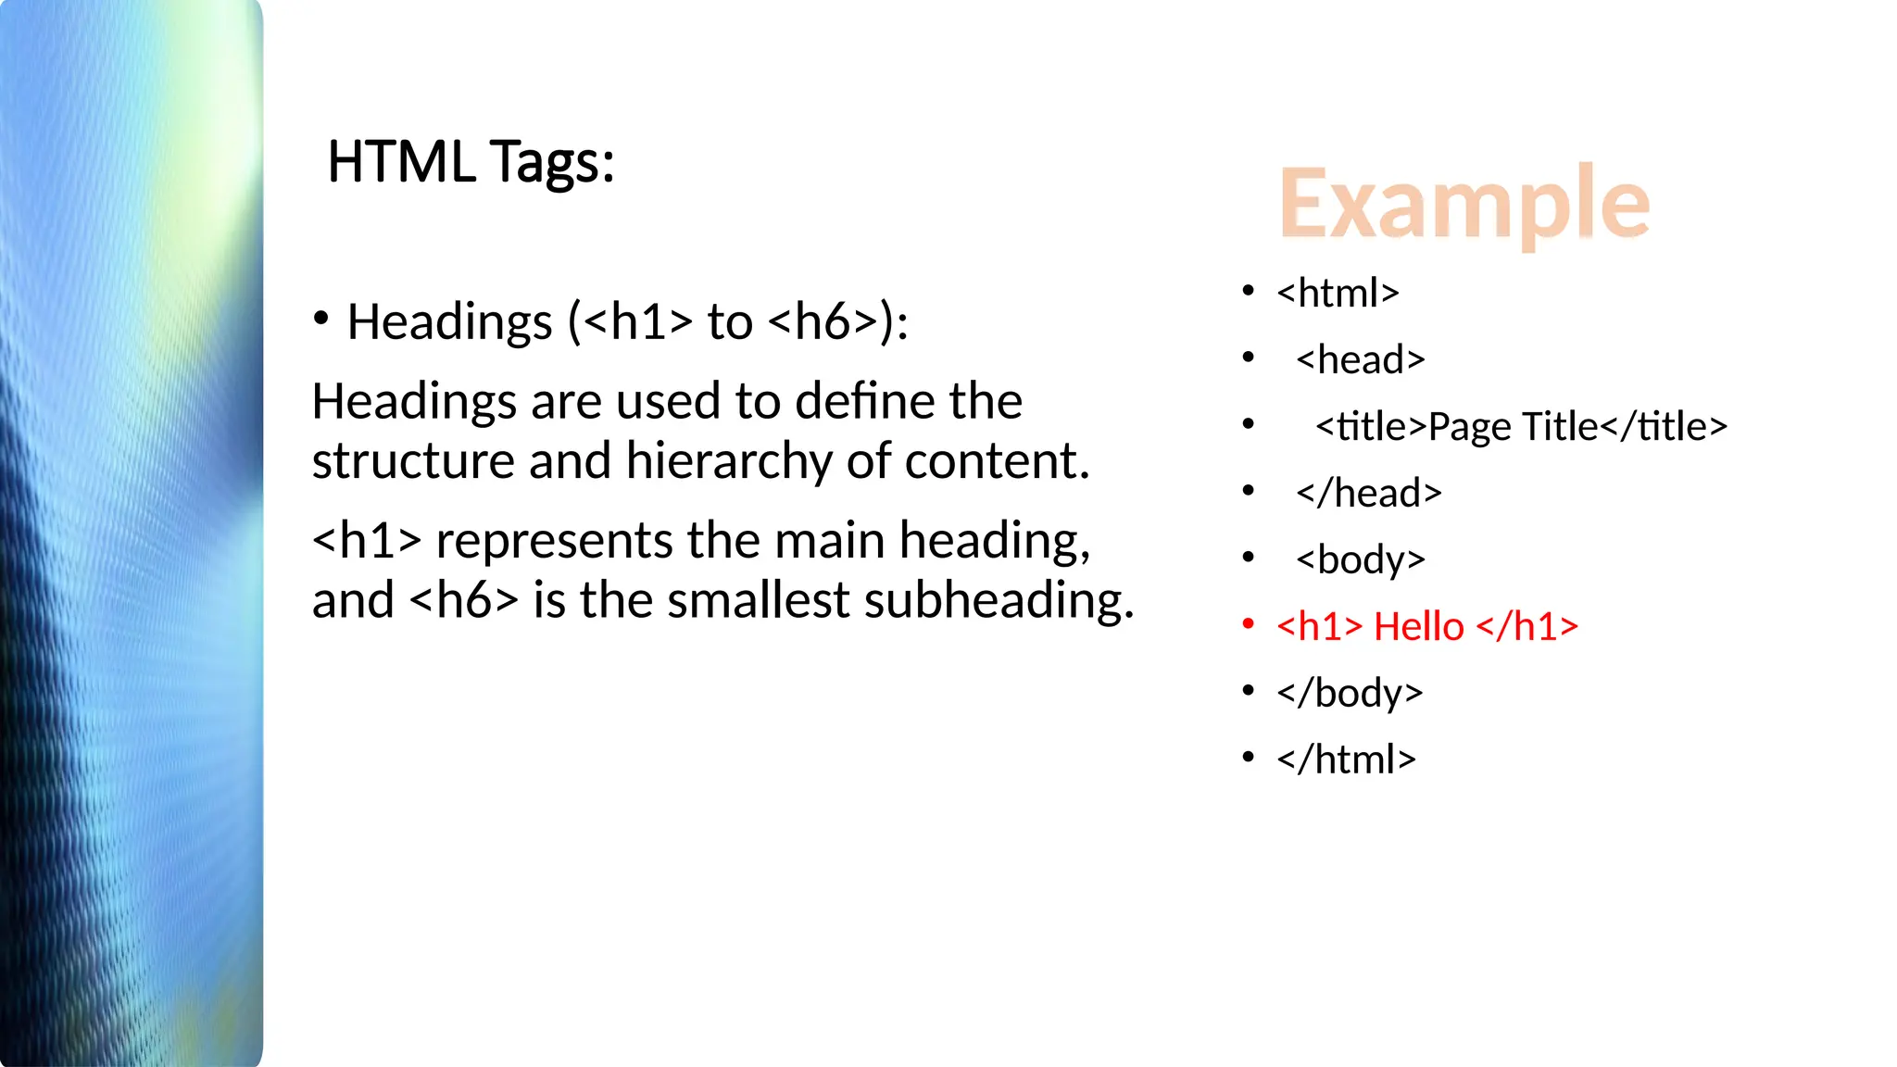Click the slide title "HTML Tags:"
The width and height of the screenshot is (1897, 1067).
pyautogui.click(x=471, y=162)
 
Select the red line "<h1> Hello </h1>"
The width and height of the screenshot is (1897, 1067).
pyautogui.click(x=1426, y=627)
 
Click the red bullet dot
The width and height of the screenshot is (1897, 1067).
pyautogui.click(x=1249, y=624)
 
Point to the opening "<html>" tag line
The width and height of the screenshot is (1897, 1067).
pyautogui.click(x=1338, y=294)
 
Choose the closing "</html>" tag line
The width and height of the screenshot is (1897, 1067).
pyautogui.click(x=1346, y=759)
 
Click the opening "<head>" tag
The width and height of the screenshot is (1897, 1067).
pyautogui.click(x=1360, y=360)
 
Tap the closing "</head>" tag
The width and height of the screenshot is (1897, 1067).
pyautogui.click(x=1368, y=494)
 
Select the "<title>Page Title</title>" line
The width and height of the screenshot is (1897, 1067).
pyautogui.click(x=1521, y=427)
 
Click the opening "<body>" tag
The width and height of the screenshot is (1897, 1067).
pyautogui.click(x=1360, y=560)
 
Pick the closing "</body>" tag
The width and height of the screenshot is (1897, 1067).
pyautogui.click(x=1349, y=694)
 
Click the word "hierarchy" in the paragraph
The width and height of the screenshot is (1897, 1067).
pyautogui.click(x=729, y=461)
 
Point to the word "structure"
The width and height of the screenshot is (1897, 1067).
pyautogui.click(x=412, y=461)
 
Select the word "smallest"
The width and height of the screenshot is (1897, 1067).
pyautogui.click(x=759, y=600)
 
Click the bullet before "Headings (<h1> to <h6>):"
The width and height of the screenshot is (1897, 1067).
pyautogui.click(x=321, y=320)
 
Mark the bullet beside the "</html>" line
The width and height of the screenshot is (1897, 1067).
pyautogui.click(x=1249, y=758)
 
